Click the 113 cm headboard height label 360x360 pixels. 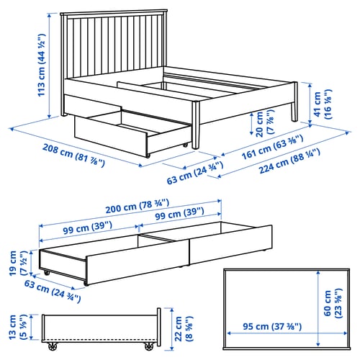click(x=41, y=65)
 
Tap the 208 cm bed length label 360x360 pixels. click(x=73, y=156)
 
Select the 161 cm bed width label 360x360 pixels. click(x=272, y=147)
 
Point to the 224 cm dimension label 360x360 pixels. click(x=289, y=161)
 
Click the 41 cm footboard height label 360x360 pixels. click(x=323, y=104)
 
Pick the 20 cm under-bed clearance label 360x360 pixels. click(x=264, y=123)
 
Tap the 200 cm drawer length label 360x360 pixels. click(x=138, y=206)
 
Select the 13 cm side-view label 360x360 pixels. click(x=17, y=327)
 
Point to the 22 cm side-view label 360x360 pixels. click(x=184, y=329)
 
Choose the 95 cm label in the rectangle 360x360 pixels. click(x=272, y=326)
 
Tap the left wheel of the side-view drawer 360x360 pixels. click(x=53, y=346)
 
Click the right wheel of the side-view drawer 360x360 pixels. click(x=149, y=346)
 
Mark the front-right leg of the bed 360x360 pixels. click(x=196, y=125)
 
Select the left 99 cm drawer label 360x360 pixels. click(x=88, y=228)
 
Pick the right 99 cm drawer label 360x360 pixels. click(x=179, y=214)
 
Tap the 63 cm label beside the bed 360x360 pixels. click(x=195, y=173)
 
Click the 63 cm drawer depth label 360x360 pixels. click(x=53, y=291)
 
